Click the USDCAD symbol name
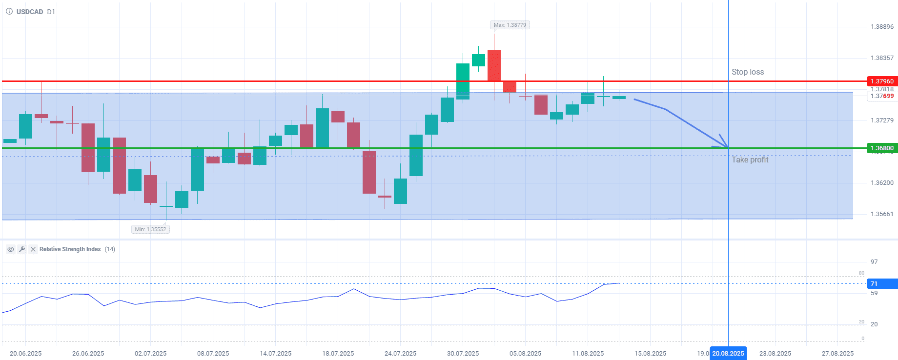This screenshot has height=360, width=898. click(30, 12)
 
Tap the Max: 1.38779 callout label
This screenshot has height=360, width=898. click(510, 25)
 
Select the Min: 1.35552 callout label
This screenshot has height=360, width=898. click(150, 229)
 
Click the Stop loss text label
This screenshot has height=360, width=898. click(748, 72)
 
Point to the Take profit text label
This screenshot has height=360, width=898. click(750, 160)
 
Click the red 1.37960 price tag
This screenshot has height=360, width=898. click(882, 81)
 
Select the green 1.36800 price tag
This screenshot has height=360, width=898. click(882, 148)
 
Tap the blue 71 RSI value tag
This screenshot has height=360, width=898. click(882, 283)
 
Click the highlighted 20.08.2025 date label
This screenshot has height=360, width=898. click(728, 354)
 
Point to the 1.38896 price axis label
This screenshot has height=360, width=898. click(882, 27)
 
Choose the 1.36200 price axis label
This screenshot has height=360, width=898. click(882, 183)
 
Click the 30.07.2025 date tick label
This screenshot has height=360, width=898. click(463, 354)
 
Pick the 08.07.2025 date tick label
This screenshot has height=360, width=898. click(213, 354)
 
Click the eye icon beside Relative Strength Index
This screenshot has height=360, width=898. click(10, 249)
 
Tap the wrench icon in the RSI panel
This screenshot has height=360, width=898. click(22, 249)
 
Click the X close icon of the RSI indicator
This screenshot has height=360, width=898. click(33, 249)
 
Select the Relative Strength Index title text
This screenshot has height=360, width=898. click(70, 249)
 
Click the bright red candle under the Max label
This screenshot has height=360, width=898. click(494, 65)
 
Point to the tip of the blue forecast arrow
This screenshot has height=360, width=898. click(727, 147)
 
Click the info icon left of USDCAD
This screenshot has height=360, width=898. click(9, 11)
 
